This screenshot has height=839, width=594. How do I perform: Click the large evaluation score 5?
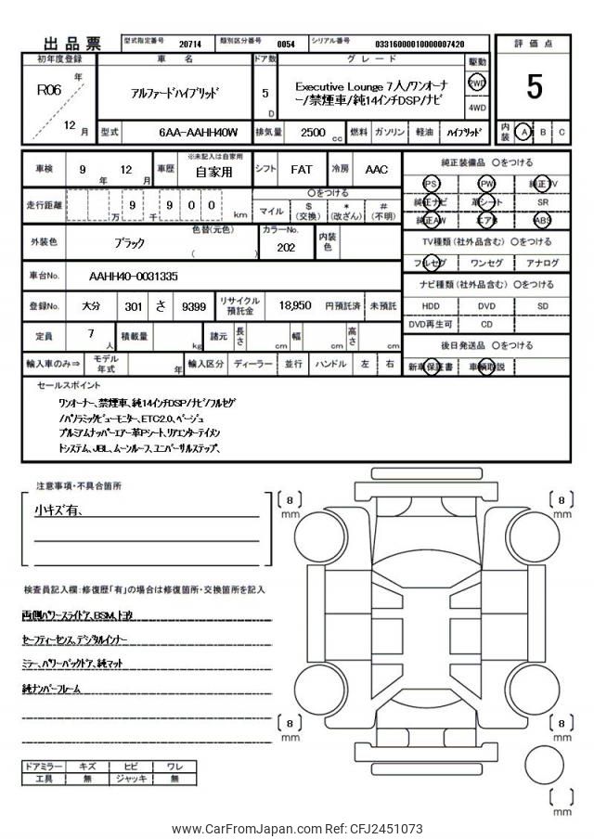pyautogui.click(x=534, y=86)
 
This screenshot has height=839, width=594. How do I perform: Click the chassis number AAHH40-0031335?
pyautogui.click(x=134, y=277)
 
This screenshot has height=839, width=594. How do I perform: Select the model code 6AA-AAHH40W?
pyautogui.click(x=198, y=133)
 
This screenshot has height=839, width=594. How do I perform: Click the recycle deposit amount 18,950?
pyautogui.click(x=294, y=305)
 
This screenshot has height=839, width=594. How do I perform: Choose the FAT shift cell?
pyautogui.click(x=301, y=171)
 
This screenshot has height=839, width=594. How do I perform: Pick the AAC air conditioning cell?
pyautogui.click(x=376, y=171)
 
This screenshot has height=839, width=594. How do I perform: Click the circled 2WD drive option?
pyautogui.click(x=477, y=84)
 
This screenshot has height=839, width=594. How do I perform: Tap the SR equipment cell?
pyautogui.click(x=542, y=201)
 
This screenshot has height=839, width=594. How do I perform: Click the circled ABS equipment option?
pyautogui.click(x=542, y=221)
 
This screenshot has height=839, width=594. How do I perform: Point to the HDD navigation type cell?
pyautogui.click(x=431, y=305)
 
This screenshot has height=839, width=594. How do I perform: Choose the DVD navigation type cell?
pyautogui.click(x=486, y=305)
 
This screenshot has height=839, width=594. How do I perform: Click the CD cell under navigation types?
pyautogui.click(x=486, y=325)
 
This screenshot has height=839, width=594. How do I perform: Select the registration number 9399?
pyautogui.click(x=195, y=305)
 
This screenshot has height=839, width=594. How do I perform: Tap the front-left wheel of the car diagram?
pyautogui.click(x=317, y=536)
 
